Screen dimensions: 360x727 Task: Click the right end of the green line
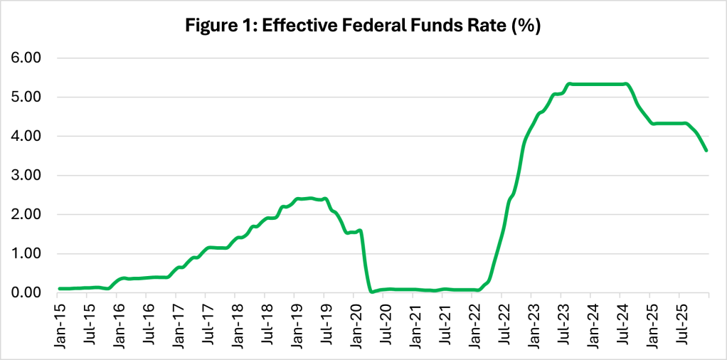(x=706, y=150)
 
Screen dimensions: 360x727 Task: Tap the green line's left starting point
(x=60, y=289)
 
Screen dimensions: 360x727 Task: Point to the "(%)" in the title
(x=529, y=27)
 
